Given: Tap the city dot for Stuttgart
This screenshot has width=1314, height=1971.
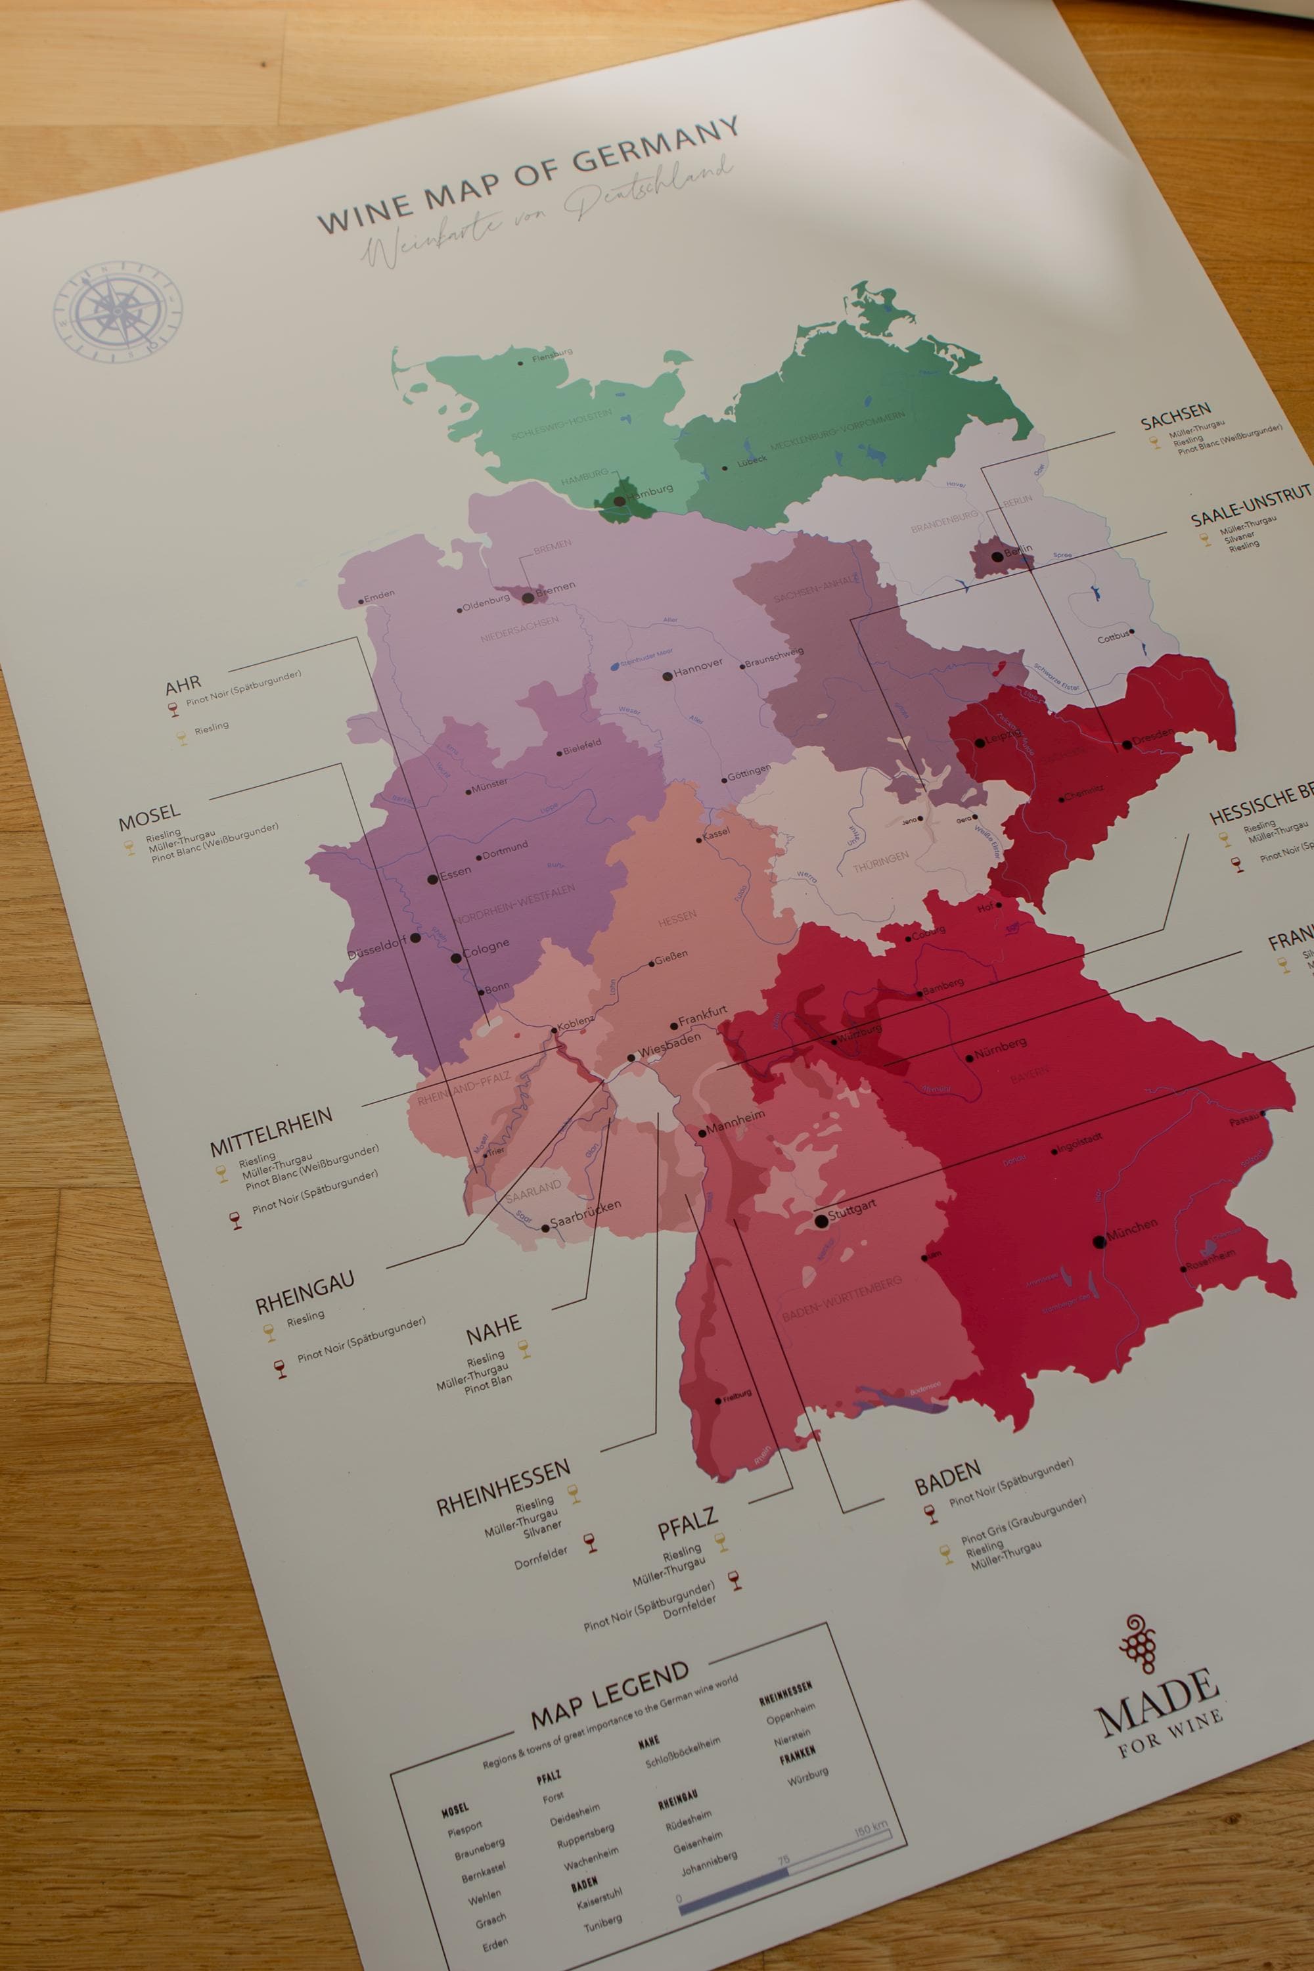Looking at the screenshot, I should pyautogui.click(x=821, y=1222).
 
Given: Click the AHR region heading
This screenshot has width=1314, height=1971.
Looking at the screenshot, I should pyautogui.click(x=183, y=687).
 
